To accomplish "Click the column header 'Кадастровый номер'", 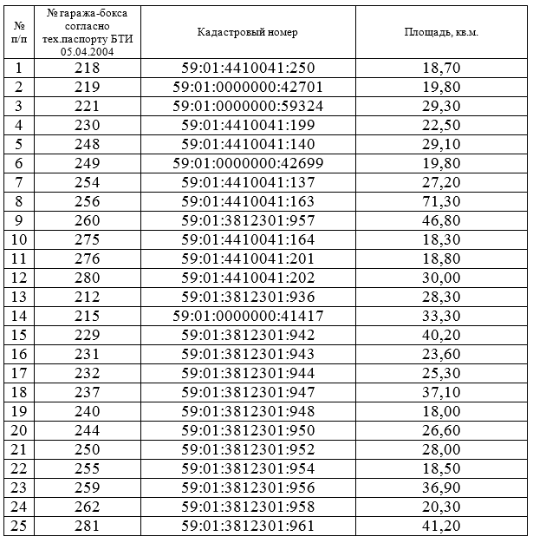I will [x=248, y=32].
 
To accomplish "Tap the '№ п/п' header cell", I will [x=19, y=32].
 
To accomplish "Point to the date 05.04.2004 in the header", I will [x=87, y=53].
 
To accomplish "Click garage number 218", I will [x=87, y=67].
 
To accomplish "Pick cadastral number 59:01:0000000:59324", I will [x=248, y=105].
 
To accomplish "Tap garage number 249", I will [x=87, y=162].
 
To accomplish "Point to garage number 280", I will [x=87, y=278].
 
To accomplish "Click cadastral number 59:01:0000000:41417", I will [x=248, y=316].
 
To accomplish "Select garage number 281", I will [x=87, y=526].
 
